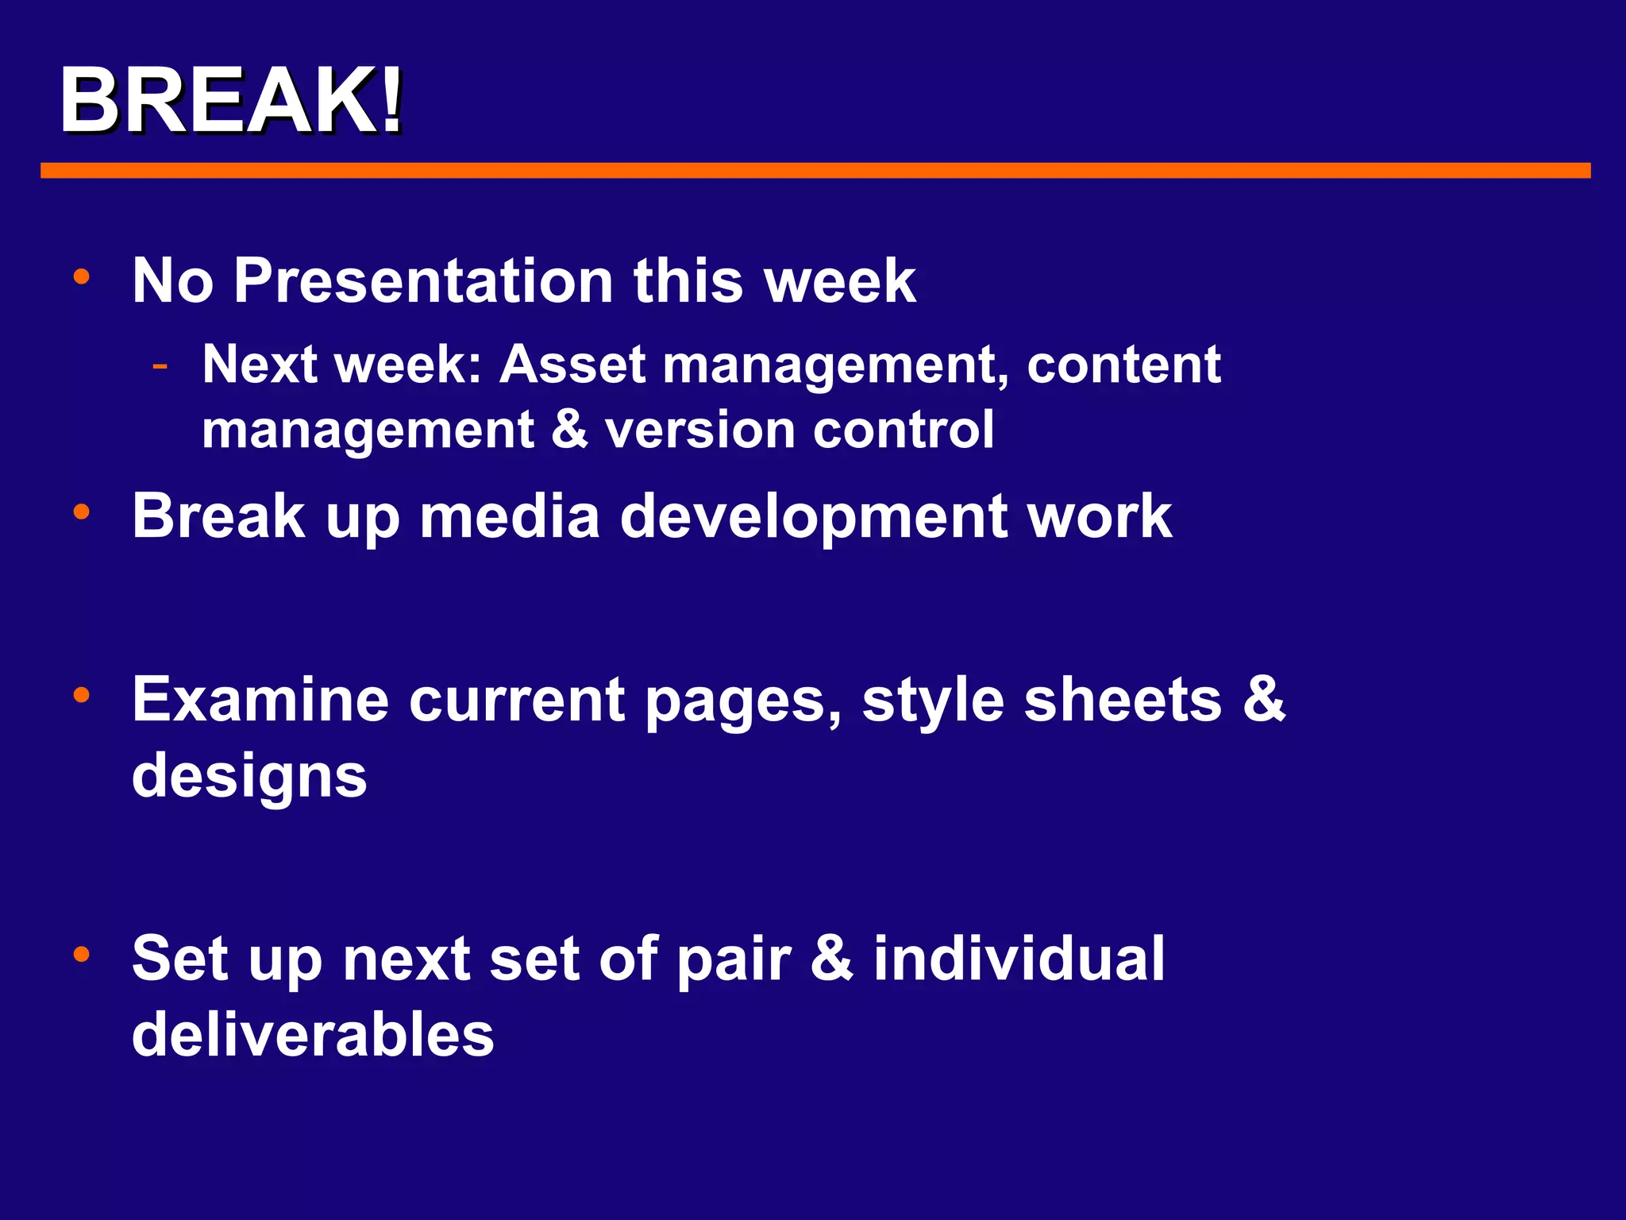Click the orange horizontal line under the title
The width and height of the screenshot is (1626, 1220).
tap(815, 170)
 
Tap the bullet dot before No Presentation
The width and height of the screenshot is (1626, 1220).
tap(81, 277)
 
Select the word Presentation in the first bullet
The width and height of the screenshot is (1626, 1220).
tap(422, 281)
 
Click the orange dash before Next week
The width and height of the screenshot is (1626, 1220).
tap(160, 366)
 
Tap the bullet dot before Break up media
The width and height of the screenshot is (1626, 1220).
tap(81, 512)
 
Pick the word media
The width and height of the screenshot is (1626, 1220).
tap(509, 516)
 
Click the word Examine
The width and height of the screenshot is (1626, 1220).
tap(260, 700)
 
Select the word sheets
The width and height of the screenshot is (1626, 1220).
tap(1122, 700)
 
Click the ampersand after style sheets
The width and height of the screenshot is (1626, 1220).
tap(1263, 699)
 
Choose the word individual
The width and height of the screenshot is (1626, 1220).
tap(1019, 959)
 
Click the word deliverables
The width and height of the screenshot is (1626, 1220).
tap(313, 1035)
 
